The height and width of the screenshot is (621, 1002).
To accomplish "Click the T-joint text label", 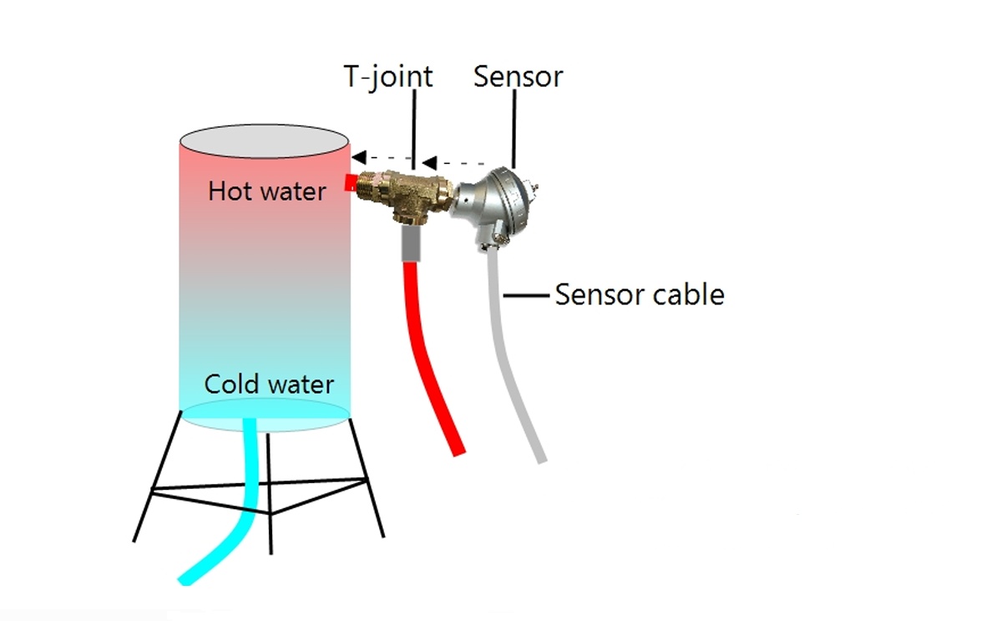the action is click(x=388, y=78).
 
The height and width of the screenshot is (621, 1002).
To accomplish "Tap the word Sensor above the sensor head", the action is click(x=518, y=77).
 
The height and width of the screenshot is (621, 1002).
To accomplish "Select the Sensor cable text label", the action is click(x=640, y=295).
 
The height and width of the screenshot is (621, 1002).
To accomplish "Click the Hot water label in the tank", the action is click(x=267, y=191).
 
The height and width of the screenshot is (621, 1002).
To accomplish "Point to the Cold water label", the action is click(x=269, y=384).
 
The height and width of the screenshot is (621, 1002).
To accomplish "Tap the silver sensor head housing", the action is click(x=494, y=206).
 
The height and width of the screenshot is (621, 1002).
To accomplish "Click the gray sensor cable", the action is click(x=510, y=359).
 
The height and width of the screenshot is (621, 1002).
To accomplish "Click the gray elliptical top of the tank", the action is click(x=264, y=141).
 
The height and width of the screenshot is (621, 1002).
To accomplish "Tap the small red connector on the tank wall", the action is click(x=350, y=183).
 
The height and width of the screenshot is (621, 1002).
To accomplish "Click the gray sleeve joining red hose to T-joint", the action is click(x=411, y=243).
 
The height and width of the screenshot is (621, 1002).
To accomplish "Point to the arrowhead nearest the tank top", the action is click(x=359, y=157).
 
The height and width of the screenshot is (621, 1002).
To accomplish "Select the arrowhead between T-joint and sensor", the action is click(x=429, y=162).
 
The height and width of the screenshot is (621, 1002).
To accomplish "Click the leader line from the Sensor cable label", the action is click(x=527, y=296).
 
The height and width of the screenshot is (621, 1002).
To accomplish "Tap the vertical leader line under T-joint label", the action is click(x=414, y=130).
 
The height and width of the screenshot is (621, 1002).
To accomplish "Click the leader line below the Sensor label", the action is click(x=514, y=129).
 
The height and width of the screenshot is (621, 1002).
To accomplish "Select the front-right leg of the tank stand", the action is click(x=367, y=478).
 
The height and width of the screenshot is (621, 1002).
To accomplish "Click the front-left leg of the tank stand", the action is click(x=158, y=476).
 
